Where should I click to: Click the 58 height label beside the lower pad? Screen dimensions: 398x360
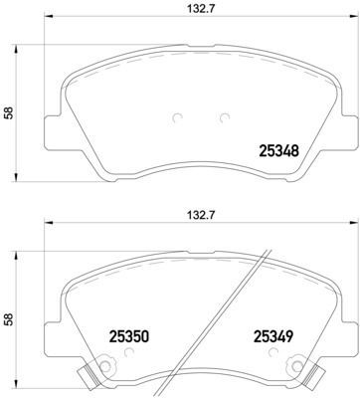10,321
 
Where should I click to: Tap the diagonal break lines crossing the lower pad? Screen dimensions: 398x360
244,298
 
